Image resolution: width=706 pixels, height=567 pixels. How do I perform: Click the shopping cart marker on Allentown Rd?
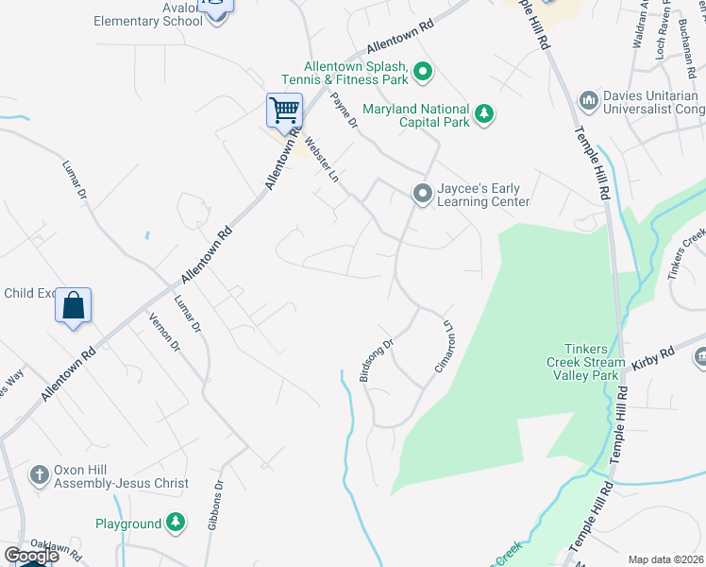click(284, 111)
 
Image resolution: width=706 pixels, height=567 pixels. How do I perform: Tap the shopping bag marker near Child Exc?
click(74, 306)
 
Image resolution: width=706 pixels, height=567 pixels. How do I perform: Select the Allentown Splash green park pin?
click(424, 71)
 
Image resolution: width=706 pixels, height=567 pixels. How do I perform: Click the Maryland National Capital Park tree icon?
click(484, 113)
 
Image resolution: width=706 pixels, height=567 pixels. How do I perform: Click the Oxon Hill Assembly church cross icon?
click(39, 474)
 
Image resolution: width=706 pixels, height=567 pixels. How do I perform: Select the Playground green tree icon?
click(176, 522)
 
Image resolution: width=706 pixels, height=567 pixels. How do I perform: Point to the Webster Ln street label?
click(322, 161)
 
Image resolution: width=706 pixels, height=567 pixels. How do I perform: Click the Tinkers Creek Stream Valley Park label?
click(585, 362)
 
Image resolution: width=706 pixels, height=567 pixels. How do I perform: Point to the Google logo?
click(31, 556)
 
